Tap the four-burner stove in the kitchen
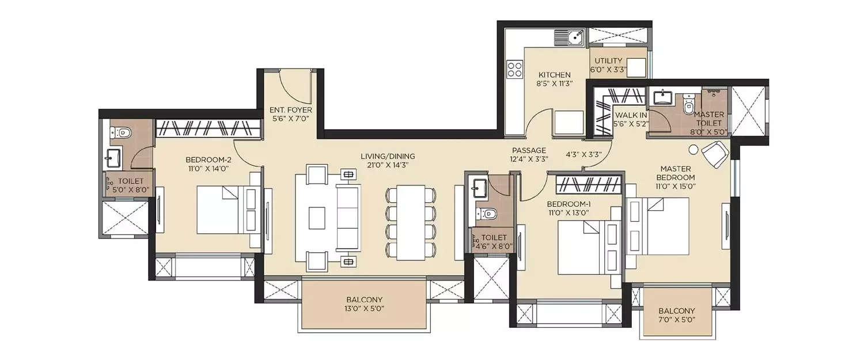point(514,70)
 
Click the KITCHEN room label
point(554,75)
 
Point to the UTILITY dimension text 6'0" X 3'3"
point(608,70)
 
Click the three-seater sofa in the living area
point(348,217)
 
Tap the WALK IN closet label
point(631,115)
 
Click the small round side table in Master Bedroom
point(693,149)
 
